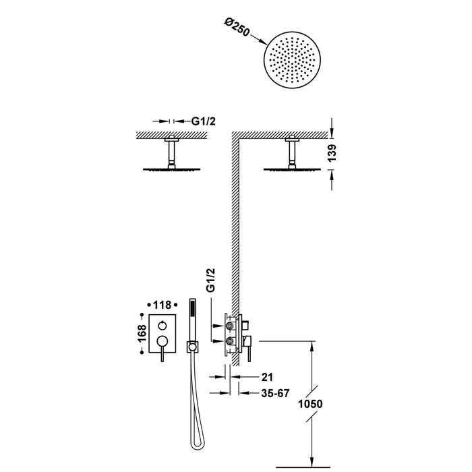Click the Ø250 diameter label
pos(237,28)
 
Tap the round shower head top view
pos(292,60)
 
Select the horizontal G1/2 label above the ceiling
pos(204,121)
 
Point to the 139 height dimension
pos(332,153)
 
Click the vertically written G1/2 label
pos(210,280)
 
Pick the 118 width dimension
pos(163,305)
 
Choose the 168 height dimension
pos(142,333)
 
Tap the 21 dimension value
pos(267,376)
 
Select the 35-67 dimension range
pos(275,393)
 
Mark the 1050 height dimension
pos(310,404)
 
